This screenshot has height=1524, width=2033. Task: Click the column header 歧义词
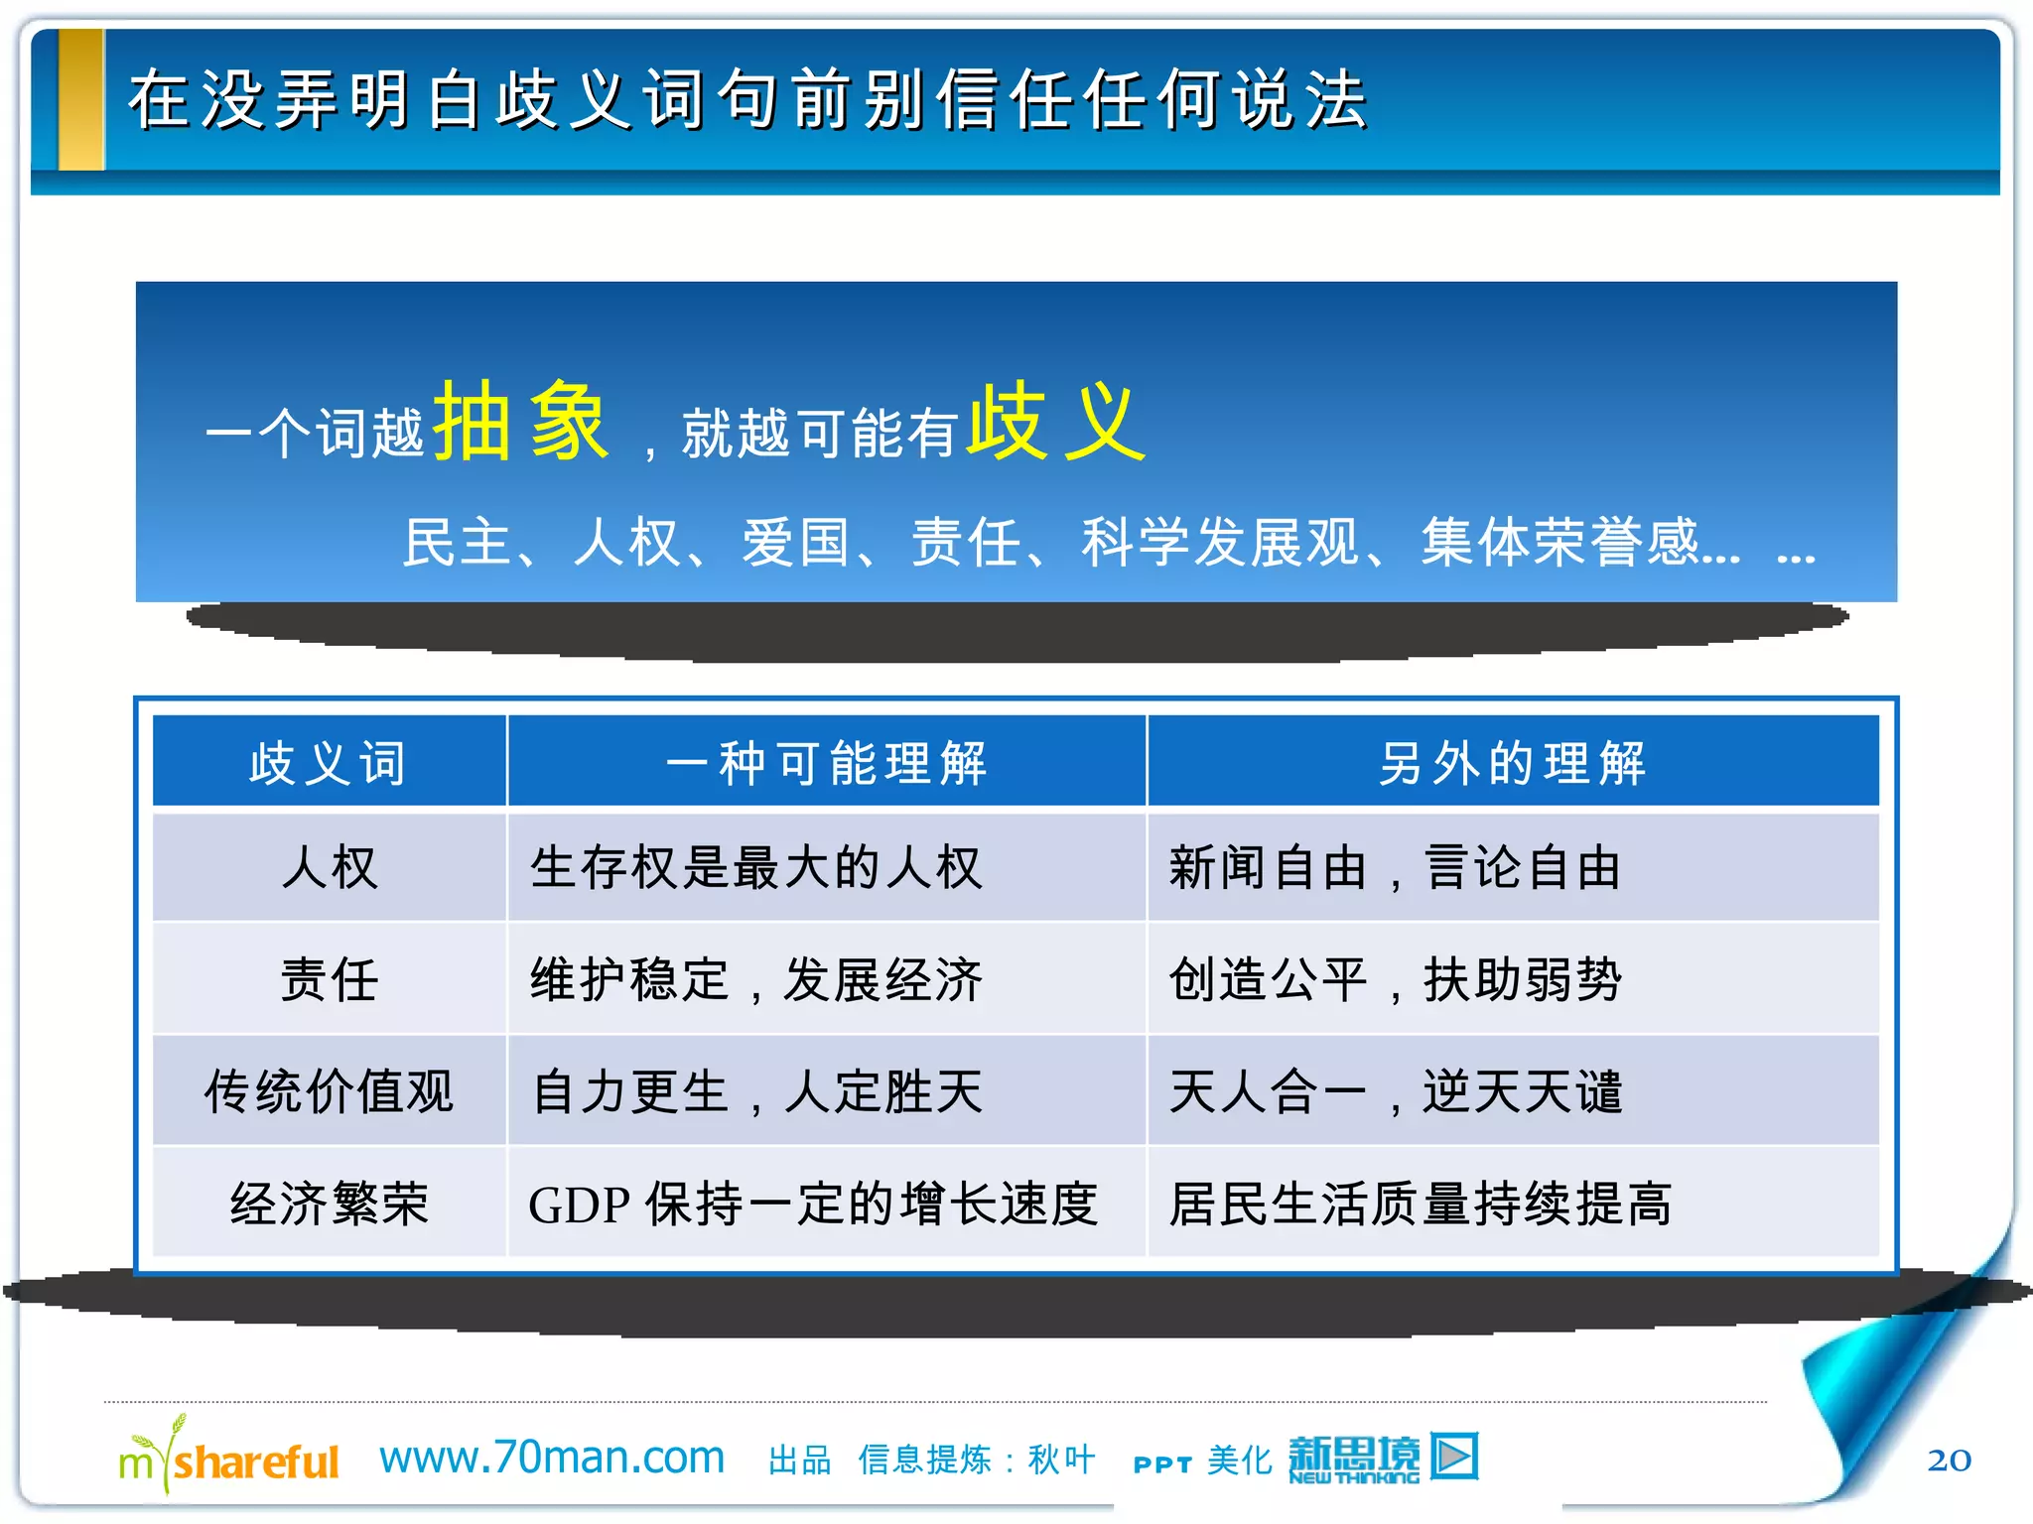(329, 763)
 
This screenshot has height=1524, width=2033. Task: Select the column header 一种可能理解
(826, 763)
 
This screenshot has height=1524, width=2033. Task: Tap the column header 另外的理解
(1512, 763)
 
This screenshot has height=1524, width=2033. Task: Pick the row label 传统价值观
(329, 1091)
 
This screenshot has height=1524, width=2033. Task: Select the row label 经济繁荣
(329, 1204)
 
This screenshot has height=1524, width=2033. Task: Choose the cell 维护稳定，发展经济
(755, 980)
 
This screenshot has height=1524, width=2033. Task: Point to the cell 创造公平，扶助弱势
(1394, 980)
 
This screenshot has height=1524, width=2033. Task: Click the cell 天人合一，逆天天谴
(1394, 1091)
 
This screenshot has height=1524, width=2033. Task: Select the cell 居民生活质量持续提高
(1420, 1204)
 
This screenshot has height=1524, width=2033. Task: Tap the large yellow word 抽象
(520, 422)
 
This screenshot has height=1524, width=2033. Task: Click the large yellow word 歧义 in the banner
(1056, 422)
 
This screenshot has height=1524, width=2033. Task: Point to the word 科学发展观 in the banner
(1220, 543)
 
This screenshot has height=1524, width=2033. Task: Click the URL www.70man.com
(552, 1457)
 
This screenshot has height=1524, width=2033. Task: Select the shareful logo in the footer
(229, 1459)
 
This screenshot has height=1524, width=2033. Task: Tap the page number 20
(1949, 1460)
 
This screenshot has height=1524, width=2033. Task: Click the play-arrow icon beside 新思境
(1454, 1456)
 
